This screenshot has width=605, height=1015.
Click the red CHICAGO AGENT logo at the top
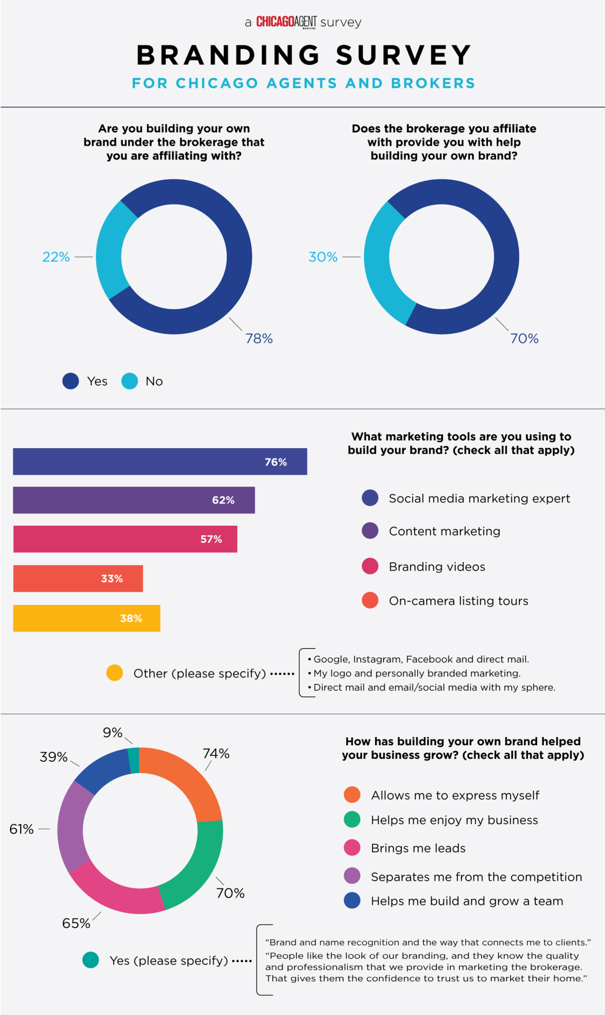[286, 22]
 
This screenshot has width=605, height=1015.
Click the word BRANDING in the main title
[228, 55]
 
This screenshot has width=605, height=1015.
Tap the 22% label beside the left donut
[56, 257]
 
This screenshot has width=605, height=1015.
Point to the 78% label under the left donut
[259, 338]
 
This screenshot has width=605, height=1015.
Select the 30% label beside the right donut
[323, 257]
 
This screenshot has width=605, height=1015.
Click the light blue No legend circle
[130, 381]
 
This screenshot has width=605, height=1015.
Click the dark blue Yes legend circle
[71, 381]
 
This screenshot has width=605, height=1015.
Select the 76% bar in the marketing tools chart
[160, 461]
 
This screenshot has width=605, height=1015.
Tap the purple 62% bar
[134, 500]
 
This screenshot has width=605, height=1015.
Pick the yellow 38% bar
[87, 618]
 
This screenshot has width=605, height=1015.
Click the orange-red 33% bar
[78, 578]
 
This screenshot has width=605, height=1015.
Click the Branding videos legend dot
[370, 566]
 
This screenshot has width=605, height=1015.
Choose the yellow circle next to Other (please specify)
[114, 673]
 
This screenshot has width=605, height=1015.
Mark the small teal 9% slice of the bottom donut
[134, 761]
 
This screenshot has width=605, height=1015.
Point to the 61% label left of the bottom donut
[22, 829]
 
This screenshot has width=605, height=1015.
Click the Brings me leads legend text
[418, 848]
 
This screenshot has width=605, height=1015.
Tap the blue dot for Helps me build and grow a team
[352, 901]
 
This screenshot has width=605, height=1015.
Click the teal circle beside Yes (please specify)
[91, 960]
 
